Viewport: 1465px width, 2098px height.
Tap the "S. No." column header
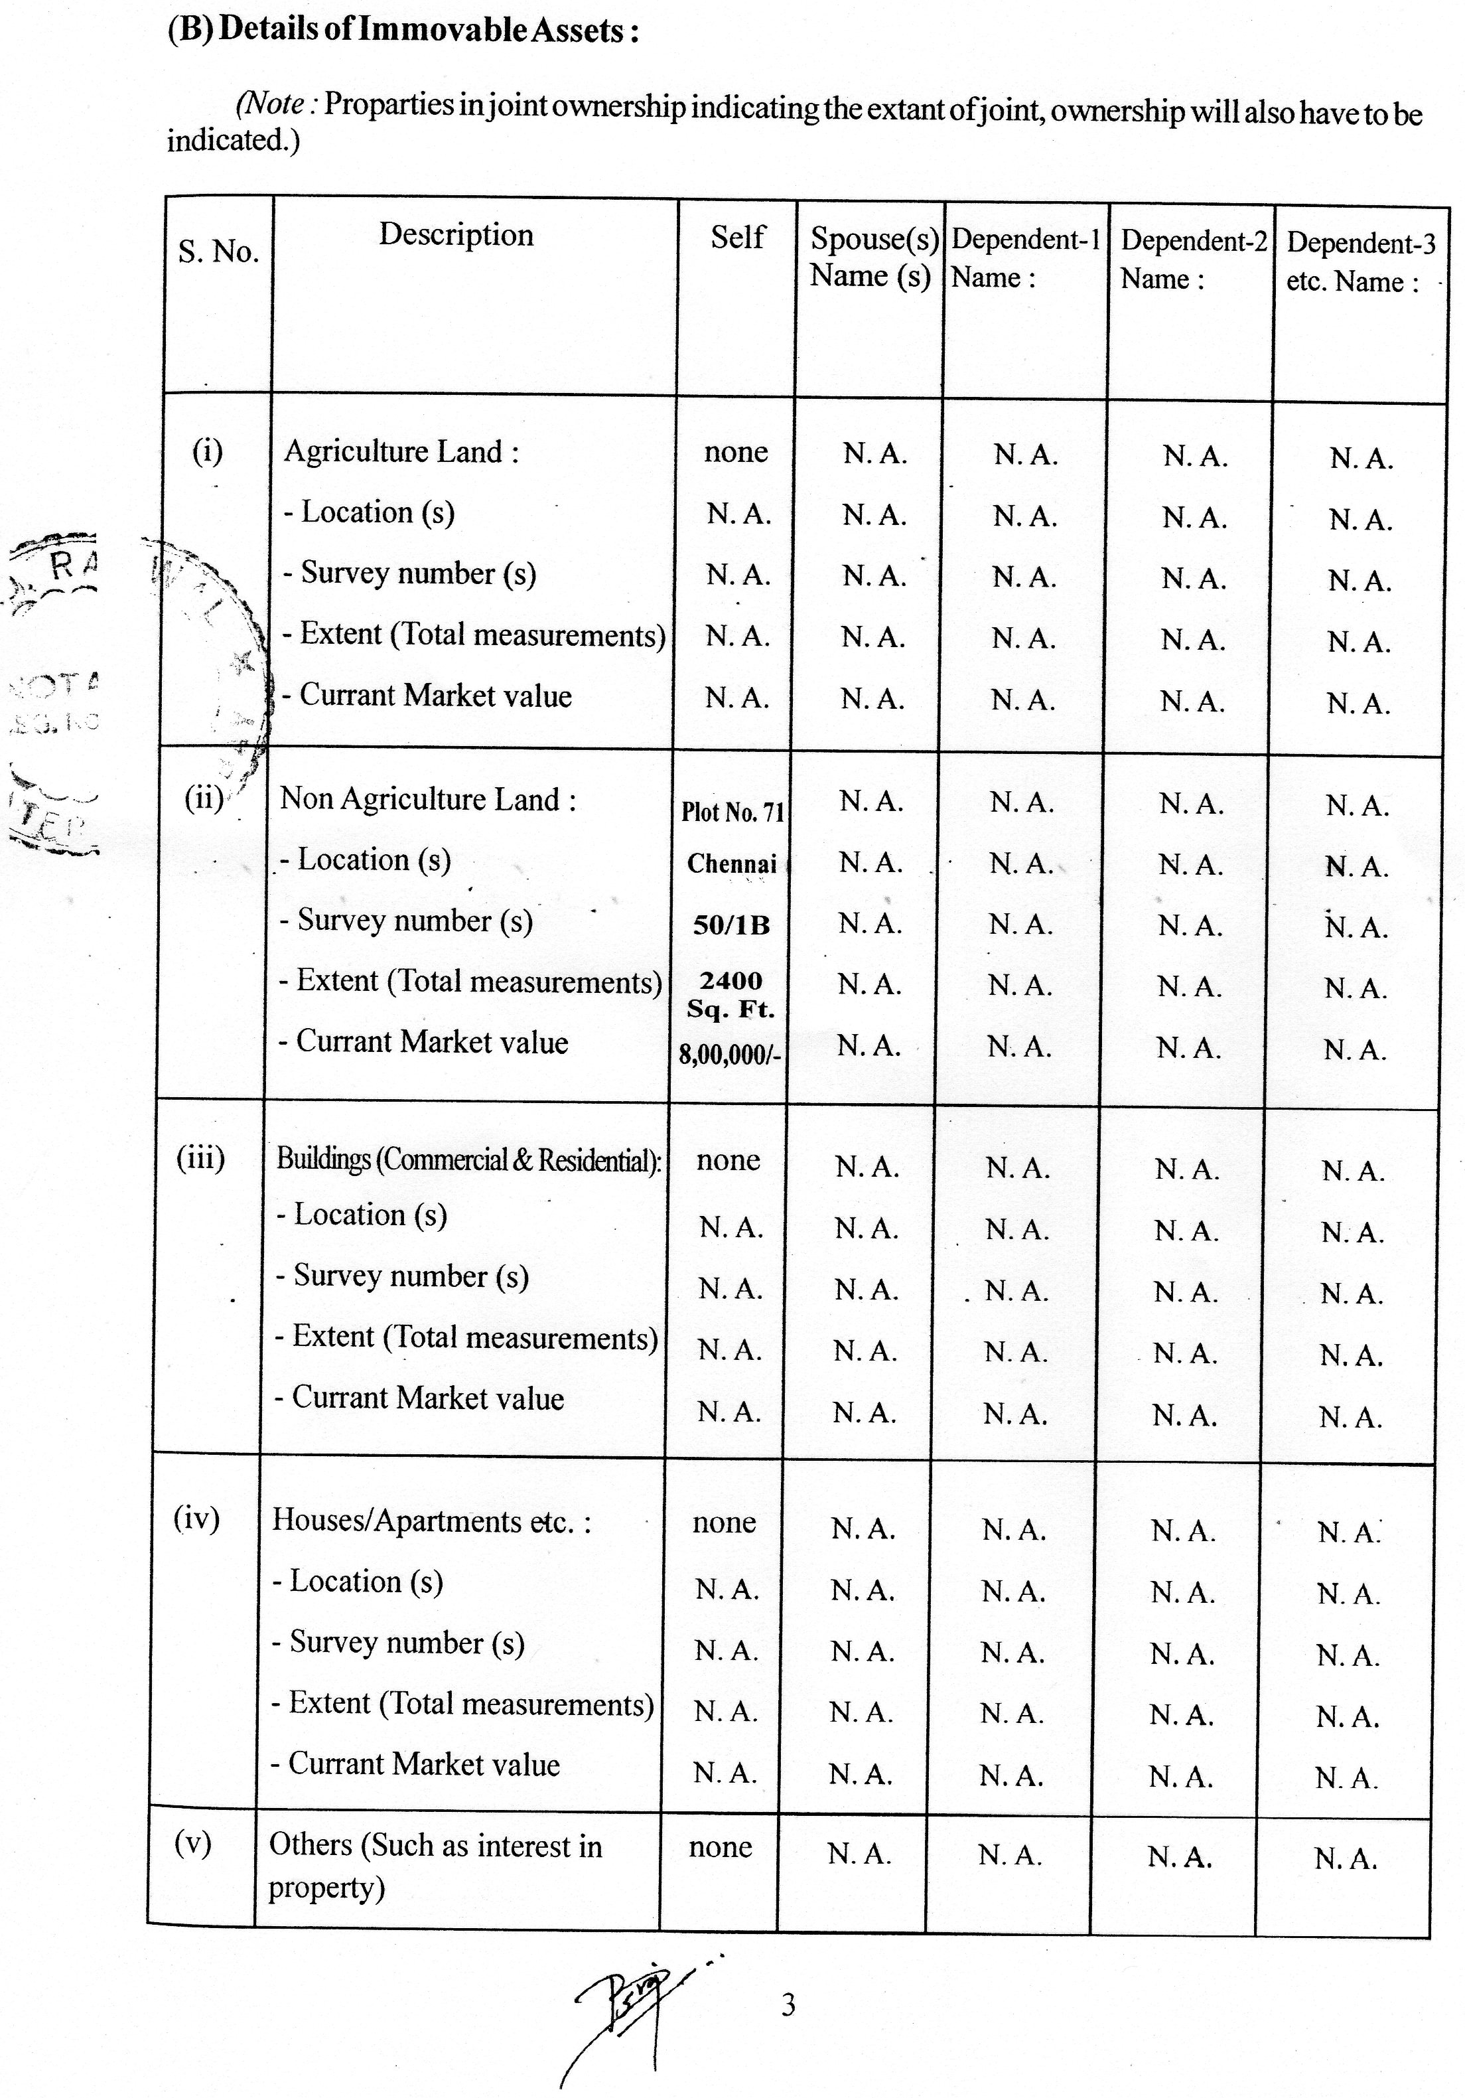[218, 252]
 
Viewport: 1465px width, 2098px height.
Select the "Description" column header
[456, 235]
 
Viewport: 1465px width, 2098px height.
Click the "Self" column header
[737, 238]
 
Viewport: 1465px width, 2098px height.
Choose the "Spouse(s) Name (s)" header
[872, 257]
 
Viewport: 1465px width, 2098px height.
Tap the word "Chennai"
[732, 863]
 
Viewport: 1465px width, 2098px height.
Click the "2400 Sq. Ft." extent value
[731, 994]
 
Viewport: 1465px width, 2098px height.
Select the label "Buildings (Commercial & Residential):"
[468, 1160]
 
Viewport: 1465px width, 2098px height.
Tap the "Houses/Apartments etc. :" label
[431, 1521]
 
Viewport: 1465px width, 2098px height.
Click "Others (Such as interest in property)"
[435, 1865]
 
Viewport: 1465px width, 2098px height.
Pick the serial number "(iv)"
[196, 1518]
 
